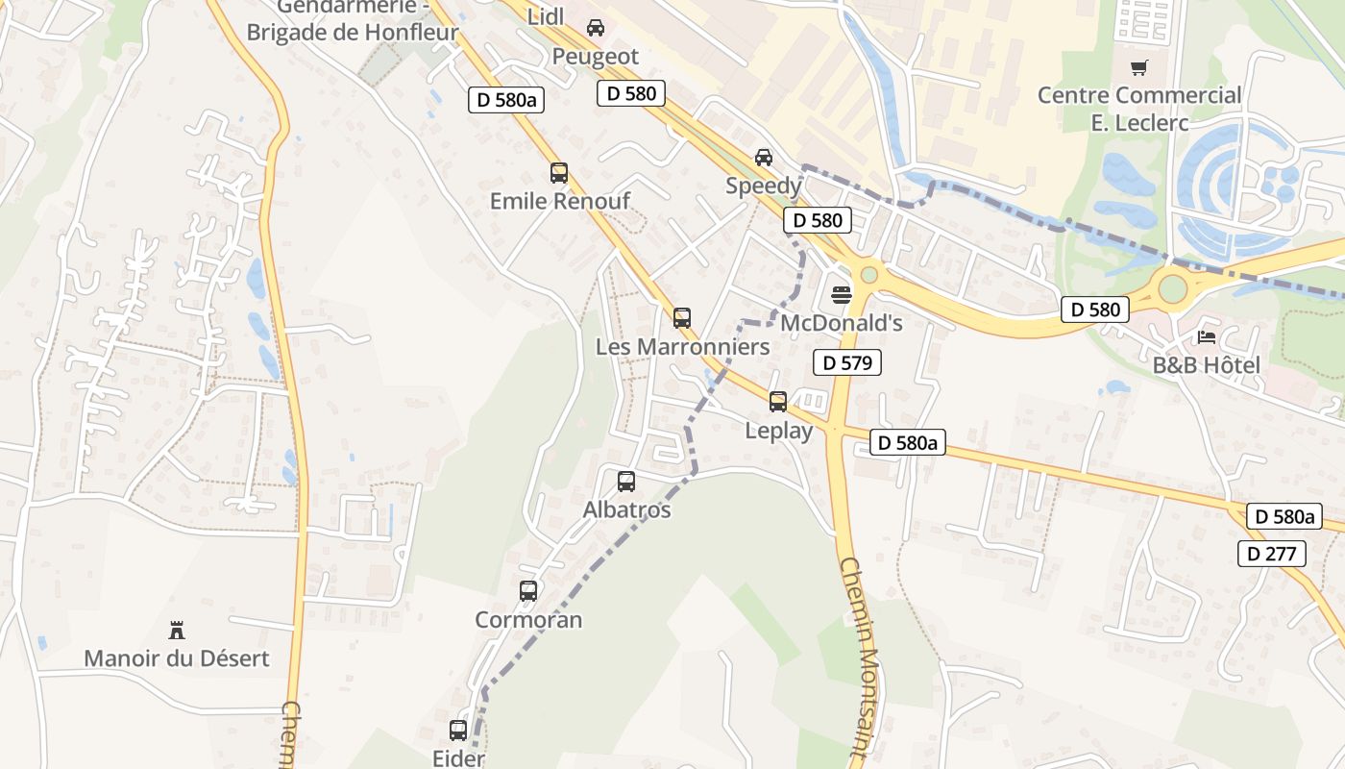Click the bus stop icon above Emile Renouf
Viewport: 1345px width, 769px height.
click(x=559, y=173)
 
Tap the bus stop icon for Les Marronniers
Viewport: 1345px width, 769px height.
click(x=682, y=317)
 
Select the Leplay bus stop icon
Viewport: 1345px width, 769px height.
click(x=778, y=402)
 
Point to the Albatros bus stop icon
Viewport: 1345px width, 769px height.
click(x=626, y=482)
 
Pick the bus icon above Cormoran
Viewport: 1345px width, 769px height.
click(x=528, y=591)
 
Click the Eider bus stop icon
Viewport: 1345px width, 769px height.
click(x=458, y=731)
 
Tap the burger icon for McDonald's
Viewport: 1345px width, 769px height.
click(x=842, y=294)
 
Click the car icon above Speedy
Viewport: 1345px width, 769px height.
click(x=764, y=158)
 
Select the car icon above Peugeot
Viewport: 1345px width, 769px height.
click(x=596, y=28)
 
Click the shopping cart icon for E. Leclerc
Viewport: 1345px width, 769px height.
click(x=1139, y=67)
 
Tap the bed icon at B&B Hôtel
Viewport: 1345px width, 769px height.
click(x=1207, y=336)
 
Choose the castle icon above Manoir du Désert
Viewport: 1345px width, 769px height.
click(x=177, y=631)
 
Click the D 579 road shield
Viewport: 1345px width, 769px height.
click(x=846, y=362)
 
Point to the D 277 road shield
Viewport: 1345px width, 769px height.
click(x=1271, y=554)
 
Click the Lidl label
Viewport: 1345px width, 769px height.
click(x=547, y=17)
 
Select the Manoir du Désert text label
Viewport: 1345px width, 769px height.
click(x=177, y=658)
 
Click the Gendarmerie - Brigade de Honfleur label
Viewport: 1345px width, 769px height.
click(x=353, y=21)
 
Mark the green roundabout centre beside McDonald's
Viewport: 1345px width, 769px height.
click(x=869, y=275)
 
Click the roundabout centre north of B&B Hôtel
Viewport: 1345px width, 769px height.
click(x=1173, y=287)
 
